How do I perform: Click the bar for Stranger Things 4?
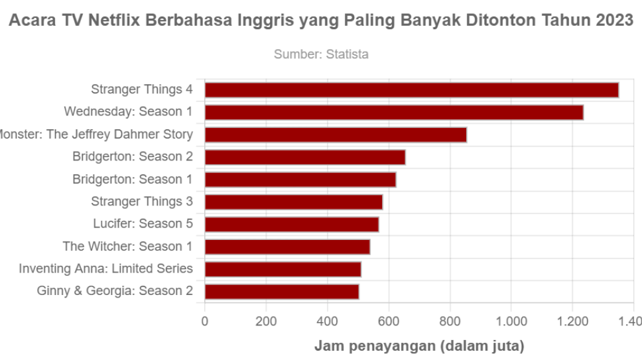tap(411, 90)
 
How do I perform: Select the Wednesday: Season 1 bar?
tap(394, 113)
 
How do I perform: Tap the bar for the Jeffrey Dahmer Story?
tap(336, 135)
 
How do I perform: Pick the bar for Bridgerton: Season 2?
tap(305, 157)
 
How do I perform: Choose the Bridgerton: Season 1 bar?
tap(300, 180)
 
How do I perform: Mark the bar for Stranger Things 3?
tap(294, 202)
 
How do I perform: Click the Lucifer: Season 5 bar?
tap(292, 225)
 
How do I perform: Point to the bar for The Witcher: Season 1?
tap(287, 247)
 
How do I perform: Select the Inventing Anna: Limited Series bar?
tap(283, 269)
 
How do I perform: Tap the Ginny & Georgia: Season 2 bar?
tap(282, 292)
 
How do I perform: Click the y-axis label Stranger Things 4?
tap(142, 90)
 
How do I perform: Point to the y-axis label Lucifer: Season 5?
tap(143, 224)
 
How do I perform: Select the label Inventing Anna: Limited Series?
tap(106, 269)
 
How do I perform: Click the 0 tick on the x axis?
tap(205, 323)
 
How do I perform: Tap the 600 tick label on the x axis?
tap(389, 323)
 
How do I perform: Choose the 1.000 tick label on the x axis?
tap(511, 323)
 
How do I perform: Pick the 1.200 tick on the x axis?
tap(572, 323)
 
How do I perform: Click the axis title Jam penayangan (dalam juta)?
tap(418, 346)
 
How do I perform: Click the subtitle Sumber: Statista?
tap(321, 54)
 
